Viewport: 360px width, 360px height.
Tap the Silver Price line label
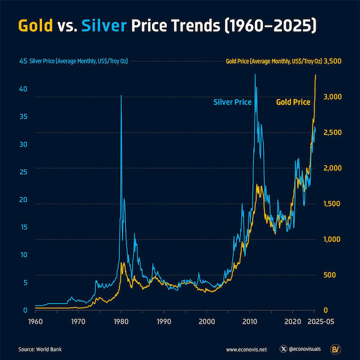232,103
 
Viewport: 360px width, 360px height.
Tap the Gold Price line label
293,103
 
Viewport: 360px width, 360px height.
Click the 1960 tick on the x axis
35,322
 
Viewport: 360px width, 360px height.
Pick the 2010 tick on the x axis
250,322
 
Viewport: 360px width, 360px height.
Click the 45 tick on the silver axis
23,61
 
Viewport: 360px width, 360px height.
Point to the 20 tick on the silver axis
23,200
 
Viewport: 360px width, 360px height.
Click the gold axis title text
274,61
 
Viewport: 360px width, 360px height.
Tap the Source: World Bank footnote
40,348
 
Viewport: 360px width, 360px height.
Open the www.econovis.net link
246,348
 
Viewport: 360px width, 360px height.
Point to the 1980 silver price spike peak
121,96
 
